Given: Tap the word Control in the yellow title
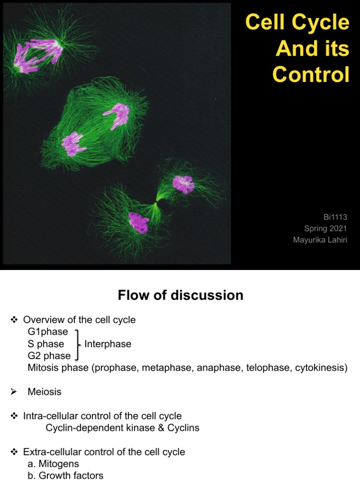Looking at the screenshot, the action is coord(311,75).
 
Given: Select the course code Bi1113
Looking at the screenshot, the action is coord(335,217).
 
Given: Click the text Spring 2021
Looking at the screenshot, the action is coord(325,228).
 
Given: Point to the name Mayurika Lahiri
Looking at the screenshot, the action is coord(320,240).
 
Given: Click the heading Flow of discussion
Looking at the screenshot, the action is coord(180,295).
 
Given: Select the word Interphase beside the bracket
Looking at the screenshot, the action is coord(108,344).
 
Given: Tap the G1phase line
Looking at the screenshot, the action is coord(48,332).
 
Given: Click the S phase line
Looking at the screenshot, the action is coord(46,344).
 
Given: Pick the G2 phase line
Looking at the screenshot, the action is coord(49,356).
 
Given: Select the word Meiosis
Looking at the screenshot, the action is coord(45,391).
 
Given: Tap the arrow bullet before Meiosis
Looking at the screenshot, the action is coord(13,391).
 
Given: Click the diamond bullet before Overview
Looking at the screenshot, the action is coord(14,320).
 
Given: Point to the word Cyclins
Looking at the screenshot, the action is coord(183,427).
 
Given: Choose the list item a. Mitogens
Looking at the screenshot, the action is coord(53,464).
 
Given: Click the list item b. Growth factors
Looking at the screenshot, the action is coord(66,475).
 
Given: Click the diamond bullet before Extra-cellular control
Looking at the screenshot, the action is coord(14,452).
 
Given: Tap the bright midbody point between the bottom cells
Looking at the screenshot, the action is coord(156,202).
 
